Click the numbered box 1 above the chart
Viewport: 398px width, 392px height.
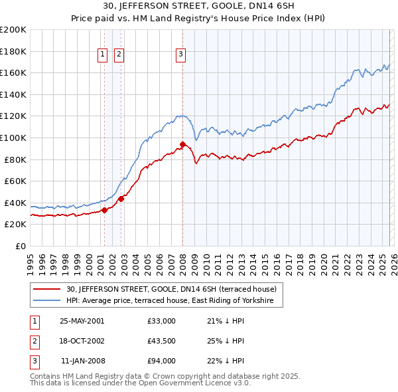(103, 55)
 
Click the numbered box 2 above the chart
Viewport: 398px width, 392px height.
(119, 55)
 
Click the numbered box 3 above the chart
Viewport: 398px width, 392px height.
(180, 55)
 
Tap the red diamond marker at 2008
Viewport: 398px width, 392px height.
(182, 144)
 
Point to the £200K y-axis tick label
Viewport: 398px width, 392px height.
(13, 30)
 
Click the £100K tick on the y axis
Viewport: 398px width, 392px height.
(13, 138)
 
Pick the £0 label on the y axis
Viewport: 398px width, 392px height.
(21, 246)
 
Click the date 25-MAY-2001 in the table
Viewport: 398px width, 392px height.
(82, 321)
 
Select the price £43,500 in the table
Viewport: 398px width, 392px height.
(162, 341)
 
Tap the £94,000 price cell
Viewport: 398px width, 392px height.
(162, 361)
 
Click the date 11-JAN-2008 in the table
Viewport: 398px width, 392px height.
(82, 361)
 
